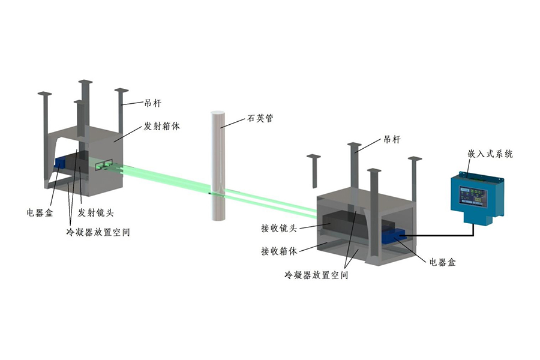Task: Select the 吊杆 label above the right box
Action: click(391, 139)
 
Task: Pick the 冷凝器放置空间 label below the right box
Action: click(317, 275)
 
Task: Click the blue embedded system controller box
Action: click(477, 194)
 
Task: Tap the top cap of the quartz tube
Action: click(218, 113)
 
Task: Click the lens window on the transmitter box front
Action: click(103, 164)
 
